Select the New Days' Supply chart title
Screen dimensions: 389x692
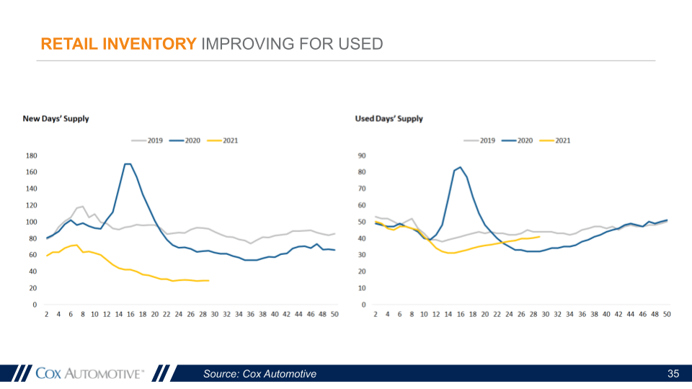pos(56,119)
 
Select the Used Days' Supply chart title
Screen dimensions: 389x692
pos(389,119)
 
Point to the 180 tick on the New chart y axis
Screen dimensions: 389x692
pos(31,156)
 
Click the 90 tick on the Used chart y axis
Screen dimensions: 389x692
pos(362,156)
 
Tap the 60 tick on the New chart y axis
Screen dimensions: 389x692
pos(33,255)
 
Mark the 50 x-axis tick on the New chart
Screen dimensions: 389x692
pos(335,315)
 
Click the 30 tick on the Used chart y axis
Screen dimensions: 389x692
pos(362,255)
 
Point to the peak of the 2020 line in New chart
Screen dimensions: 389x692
pos(128,164)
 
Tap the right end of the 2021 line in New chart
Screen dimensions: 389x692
pos(208,280)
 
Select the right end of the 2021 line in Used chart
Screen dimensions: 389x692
pos(540,236)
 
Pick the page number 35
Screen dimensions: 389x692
pos(673,373)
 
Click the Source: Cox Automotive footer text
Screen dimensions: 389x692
pos(259,373)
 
